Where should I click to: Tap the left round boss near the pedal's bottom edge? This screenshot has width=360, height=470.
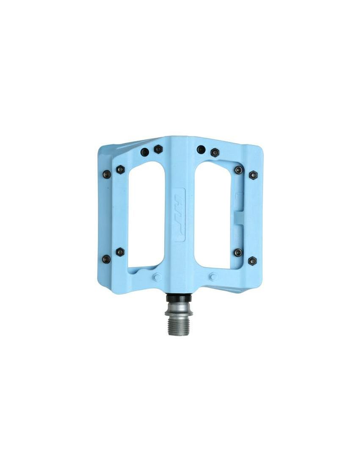[157, 278]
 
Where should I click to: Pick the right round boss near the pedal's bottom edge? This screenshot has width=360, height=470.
[213, 277]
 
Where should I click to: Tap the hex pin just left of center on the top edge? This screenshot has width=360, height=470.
[158, 149]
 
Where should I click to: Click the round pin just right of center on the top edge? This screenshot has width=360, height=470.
[201, 149]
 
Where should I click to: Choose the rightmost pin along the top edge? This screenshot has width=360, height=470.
[215, 152]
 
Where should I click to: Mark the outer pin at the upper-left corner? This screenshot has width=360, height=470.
[107, 173]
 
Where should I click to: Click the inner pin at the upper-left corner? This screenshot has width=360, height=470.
[120, 170]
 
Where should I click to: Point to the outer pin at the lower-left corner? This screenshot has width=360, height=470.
[106, 258]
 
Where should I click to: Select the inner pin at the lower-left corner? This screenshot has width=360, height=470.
[120, 251]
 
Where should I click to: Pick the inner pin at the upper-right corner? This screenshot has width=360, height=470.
[239, 170]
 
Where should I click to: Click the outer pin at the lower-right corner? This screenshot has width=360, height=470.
[252, 261]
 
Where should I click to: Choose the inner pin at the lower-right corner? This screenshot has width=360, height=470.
[238, 253]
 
